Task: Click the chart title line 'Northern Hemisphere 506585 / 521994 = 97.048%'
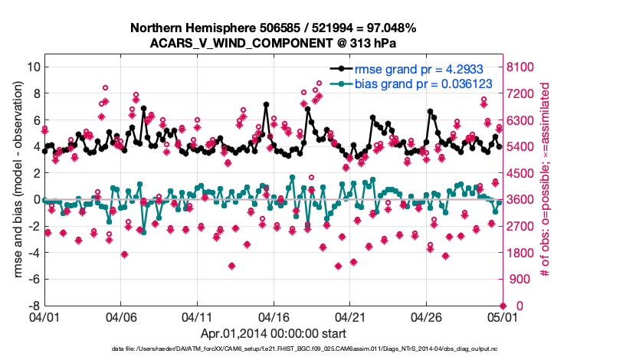273,28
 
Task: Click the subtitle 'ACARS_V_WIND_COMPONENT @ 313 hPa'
273,43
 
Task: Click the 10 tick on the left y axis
33,67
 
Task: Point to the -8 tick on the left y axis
34,306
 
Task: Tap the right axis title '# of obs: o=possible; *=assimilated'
546,186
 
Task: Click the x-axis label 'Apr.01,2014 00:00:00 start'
273,333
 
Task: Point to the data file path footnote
273,349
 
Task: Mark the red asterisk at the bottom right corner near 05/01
503,306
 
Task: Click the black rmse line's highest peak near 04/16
266,104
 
